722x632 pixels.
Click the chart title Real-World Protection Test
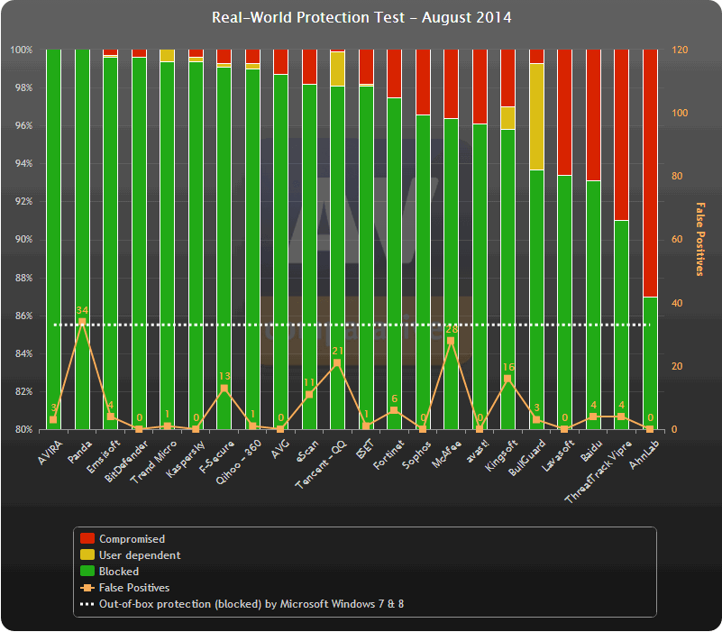(x=361, y=18)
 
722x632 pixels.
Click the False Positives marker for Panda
(x=82, y=322)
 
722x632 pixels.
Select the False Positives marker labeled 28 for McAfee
(x=451, y=341)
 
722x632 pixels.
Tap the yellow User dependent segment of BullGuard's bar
(x=536, y=116)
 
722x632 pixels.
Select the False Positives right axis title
(x=700, y=239)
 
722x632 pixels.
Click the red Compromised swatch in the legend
(x=87, y=539)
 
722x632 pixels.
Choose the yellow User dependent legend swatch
(x=87, y=555)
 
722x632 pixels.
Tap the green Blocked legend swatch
(x=87, y=572)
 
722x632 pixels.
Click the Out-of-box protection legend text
(x=251, y=604)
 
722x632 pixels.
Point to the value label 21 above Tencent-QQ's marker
(x=337, y=351)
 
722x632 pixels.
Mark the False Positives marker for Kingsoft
(x=507, y=379)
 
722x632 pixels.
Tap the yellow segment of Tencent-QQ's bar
(x=337, y=69)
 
